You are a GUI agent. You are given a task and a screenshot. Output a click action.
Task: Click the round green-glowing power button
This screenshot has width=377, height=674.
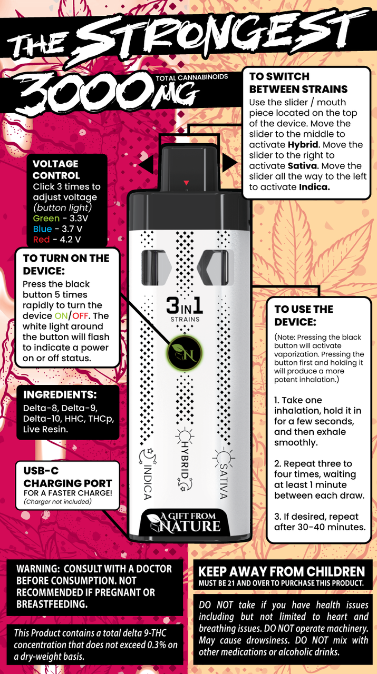(x=185, y=353)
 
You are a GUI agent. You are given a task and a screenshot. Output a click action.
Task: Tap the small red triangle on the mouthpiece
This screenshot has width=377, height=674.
(x=186, y=183)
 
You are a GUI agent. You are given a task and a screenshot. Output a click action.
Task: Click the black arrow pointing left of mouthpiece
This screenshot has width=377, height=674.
(x=146, y=164)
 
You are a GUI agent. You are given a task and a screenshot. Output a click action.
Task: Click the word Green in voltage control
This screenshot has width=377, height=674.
(x=46, y=218)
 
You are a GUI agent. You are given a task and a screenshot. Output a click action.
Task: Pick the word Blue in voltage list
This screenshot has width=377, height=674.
(x=43, y=229)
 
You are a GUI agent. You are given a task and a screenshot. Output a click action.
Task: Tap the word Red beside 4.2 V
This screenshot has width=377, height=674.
(x=41, y=240)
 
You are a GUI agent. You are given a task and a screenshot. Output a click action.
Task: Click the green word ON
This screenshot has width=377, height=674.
(x=61, y=316)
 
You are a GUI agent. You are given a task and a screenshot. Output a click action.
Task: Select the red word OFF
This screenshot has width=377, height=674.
(x=80, y=316)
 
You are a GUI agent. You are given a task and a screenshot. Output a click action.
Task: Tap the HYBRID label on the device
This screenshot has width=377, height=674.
(x=185, y=459)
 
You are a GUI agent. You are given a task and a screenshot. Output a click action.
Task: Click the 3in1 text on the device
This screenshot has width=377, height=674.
(x=185, y=306)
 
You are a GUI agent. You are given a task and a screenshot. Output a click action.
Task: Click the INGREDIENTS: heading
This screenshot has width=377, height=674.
(x=60, y=394)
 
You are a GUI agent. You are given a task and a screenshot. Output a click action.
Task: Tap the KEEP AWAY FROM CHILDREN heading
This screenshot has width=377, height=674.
(x=282, y=571)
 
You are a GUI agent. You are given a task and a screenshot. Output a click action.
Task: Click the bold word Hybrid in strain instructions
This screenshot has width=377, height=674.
(x=303, y=145)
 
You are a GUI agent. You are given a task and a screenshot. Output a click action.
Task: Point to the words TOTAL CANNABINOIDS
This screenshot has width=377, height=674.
(x=192, y=77)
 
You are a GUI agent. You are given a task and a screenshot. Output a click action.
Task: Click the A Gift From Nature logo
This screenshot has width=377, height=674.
(x=184, y=523)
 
